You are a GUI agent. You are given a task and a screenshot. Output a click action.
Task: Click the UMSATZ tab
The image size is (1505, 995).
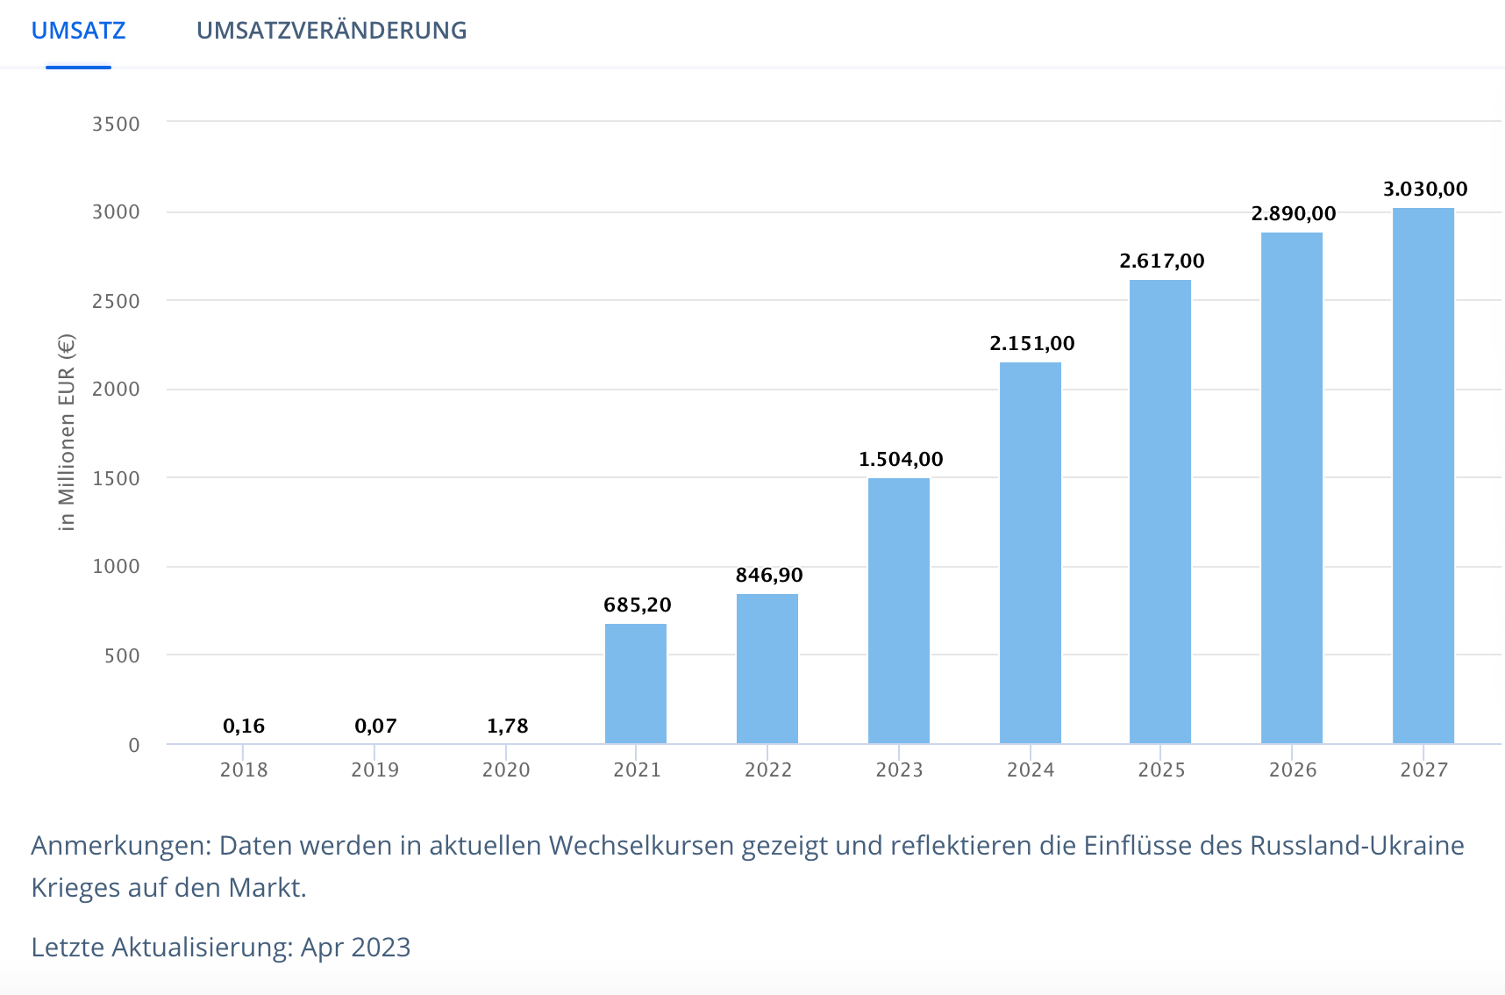78,31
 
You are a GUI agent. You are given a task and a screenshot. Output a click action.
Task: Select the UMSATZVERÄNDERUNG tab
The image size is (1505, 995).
332,31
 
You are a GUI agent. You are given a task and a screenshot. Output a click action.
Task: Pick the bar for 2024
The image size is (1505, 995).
1031,553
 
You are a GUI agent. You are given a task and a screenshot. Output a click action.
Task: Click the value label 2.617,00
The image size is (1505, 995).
1162,261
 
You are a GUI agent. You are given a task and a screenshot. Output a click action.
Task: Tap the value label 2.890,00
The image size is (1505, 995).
1294,213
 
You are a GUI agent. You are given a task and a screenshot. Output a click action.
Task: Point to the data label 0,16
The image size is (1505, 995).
244,726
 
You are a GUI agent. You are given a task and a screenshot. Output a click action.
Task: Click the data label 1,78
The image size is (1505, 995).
507,726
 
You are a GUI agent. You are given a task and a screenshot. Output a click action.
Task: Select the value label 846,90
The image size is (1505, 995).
769,575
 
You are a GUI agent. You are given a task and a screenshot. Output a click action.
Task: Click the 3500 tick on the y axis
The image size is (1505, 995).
116,124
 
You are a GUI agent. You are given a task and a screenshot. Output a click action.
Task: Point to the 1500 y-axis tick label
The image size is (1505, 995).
116,478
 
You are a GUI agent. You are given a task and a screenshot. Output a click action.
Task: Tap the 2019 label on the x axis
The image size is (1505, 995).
374,770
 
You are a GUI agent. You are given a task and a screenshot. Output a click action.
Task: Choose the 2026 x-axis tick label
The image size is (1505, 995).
1293,770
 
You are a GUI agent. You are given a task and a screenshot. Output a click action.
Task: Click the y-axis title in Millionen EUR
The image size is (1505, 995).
67,433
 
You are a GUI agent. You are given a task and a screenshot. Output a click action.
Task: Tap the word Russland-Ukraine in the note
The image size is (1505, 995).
1357,845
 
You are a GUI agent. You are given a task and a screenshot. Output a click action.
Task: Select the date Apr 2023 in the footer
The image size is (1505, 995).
355,947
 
